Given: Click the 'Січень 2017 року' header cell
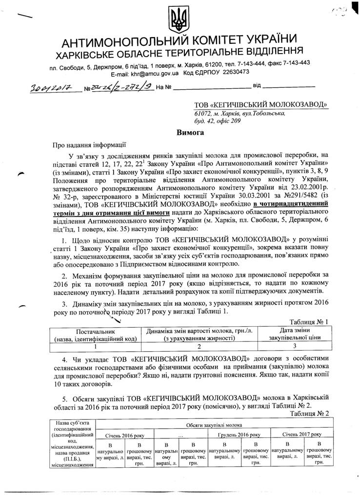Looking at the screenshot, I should [302, 434].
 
